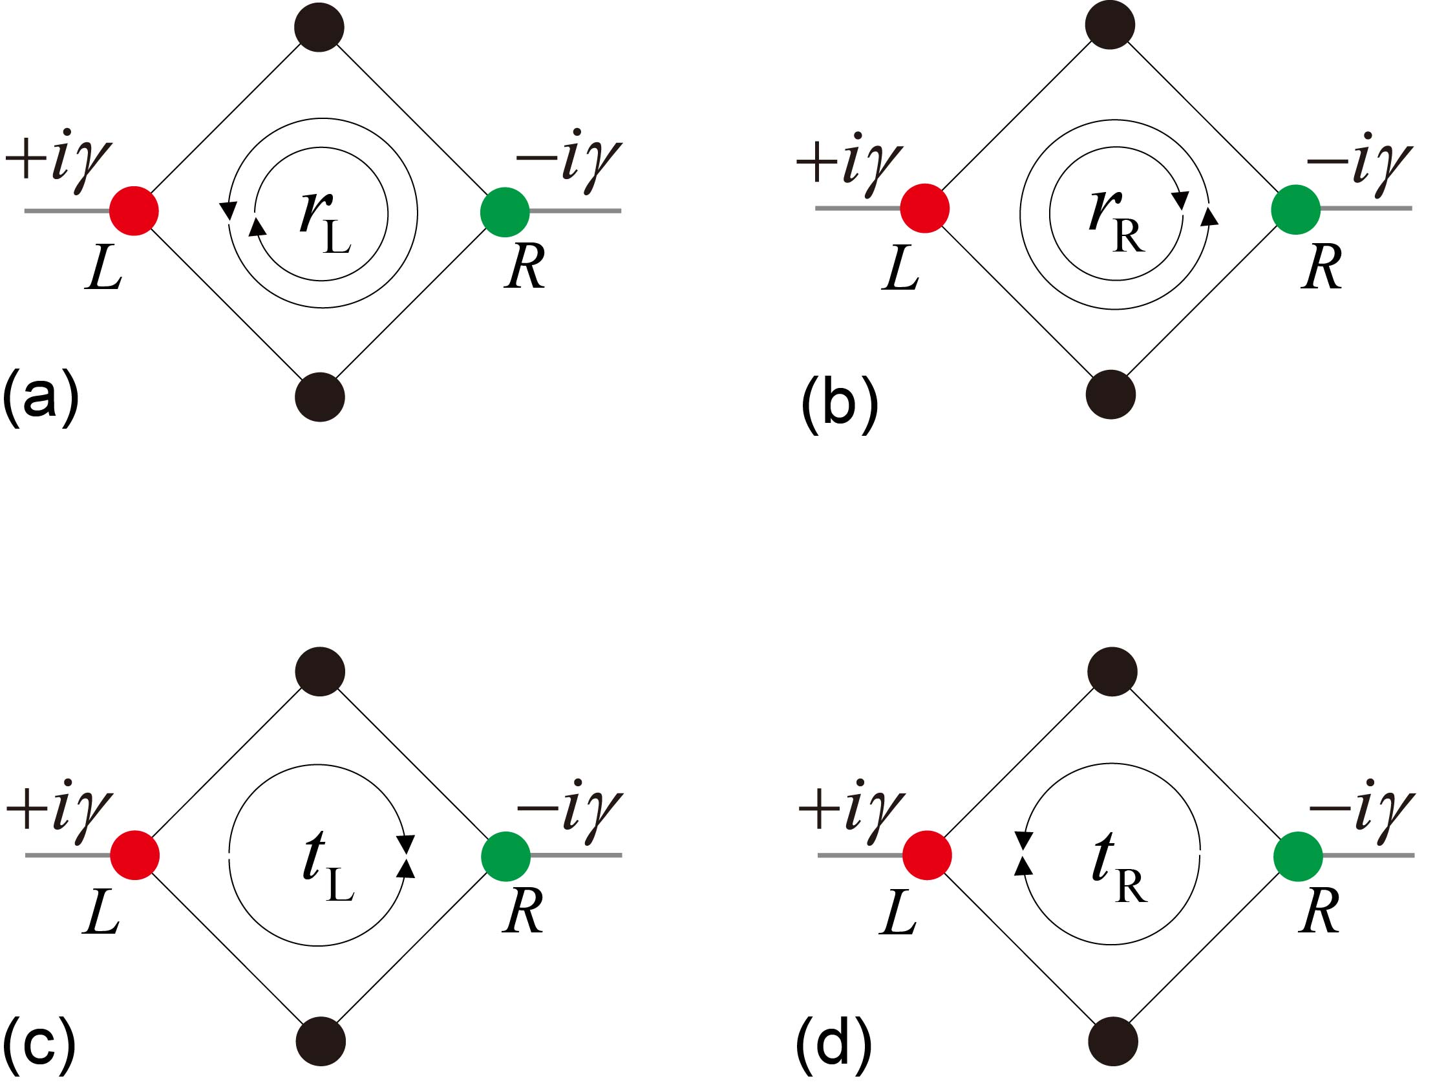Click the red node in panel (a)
[134, 211]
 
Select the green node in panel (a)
[505, 212]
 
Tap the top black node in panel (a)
[319, 27]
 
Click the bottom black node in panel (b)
[1111, 394]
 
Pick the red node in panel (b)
[924, 208]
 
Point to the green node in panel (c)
[505, 856]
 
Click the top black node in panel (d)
[1112, 672]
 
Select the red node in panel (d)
[927, 855]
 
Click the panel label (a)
[40, 397]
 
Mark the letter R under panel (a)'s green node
[525, 266]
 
